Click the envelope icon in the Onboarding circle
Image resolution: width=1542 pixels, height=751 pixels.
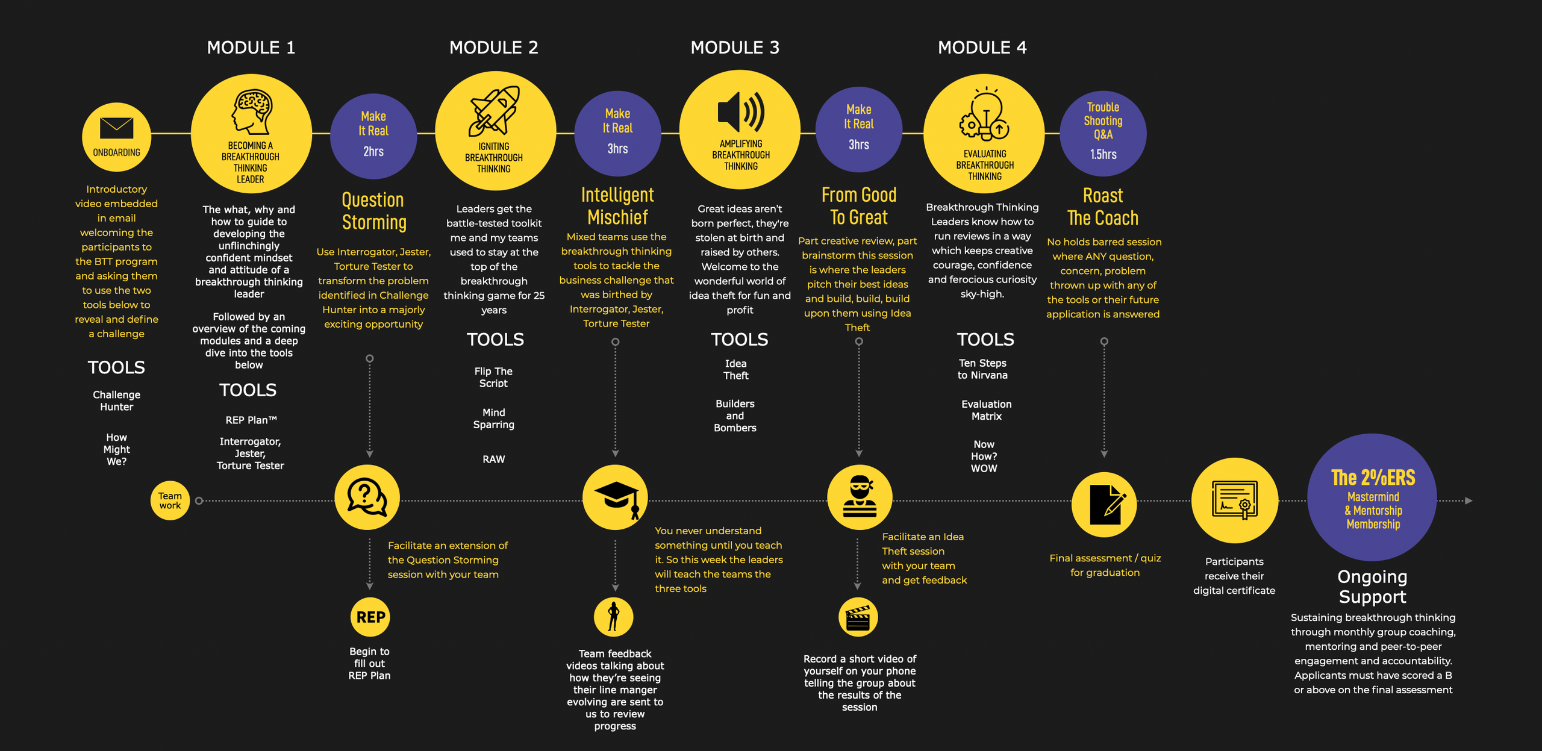(x=116, y=128)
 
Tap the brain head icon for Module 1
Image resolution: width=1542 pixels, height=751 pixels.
(x=252, y=112)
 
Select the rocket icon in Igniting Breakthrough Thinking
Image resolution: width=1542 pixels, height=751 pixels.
(x=495, y=111)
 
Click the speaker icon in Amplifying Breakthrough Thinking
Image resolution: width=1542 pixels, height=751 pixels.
(x=741, y=112)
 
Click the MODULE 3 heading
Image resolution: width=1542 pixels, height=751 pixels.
(x=735, y=48)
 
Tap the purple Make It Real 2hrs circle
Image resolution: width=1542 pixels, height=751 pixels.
(x=373, y=136)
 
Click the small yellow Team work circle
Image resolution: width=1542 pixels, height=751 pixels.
(x=170, y=500)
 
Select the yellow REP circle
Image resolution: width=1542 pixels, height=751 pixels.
(x=370, y=617)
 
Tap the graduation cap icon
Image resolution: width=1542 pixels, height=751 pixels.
(x=616, y=497)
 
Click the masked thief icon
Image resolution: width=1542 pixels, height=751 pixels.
(x=860, y=497)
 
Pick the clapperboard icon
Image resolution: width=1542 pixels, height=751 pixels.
(x=858, y=617)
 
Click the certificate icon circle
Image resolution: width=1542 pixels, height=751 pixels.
(x=1234, y=500)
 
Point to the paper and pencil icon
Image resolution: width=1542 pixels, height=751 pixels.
(x=1104, y=505)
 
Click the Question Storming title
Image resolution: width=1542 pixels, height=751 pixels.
(x=374, y=211)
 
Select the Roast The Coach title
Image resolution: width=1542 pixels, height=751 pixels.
(x=1103, y=207)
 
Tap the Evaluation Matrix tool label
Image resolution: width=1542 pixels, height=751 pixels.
(x=986, y=410)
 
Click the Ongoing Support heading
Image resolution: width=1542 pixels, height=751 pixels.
(x=1372, y=587)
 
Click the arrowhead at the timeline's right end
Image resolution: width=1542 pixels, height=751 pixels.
(x=1469, y=500)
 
